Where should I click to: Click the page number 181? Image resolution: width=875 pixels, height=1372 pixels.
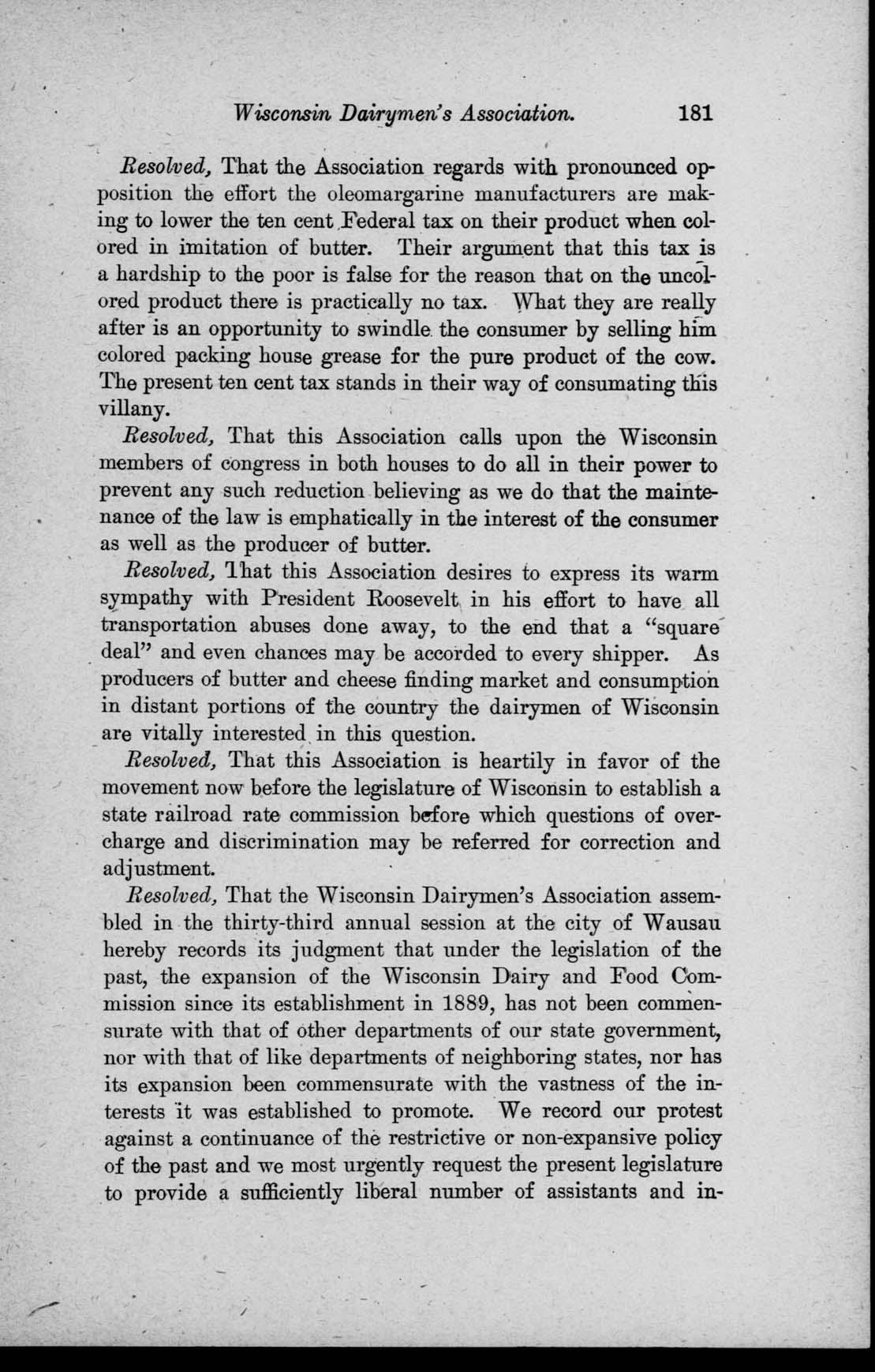point(695,113)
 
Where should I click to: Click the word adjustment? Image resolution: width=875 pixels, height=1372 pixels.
point(159,869)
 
